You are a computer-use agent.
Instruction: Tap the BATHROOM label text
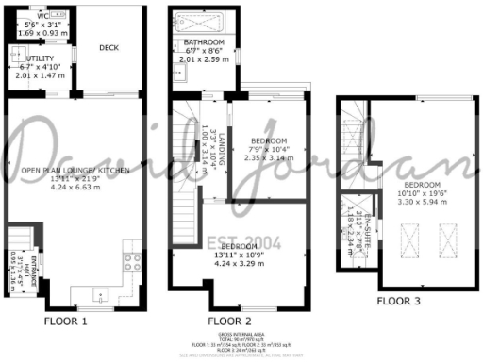204,43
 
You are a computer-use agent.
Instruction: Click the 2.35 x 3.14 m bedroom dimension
269,158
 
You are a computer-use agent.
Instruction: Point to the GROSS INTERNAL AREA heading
241,336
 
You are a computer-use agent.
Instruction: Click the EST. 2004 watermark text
232,239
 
